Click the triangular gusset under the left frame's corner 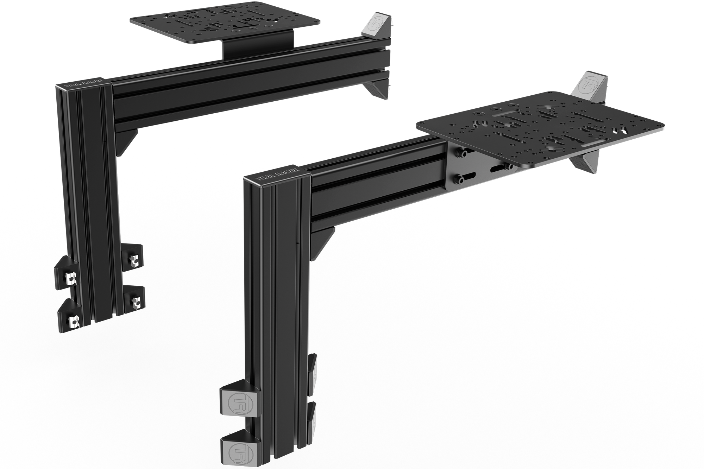tap(128, 141)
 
